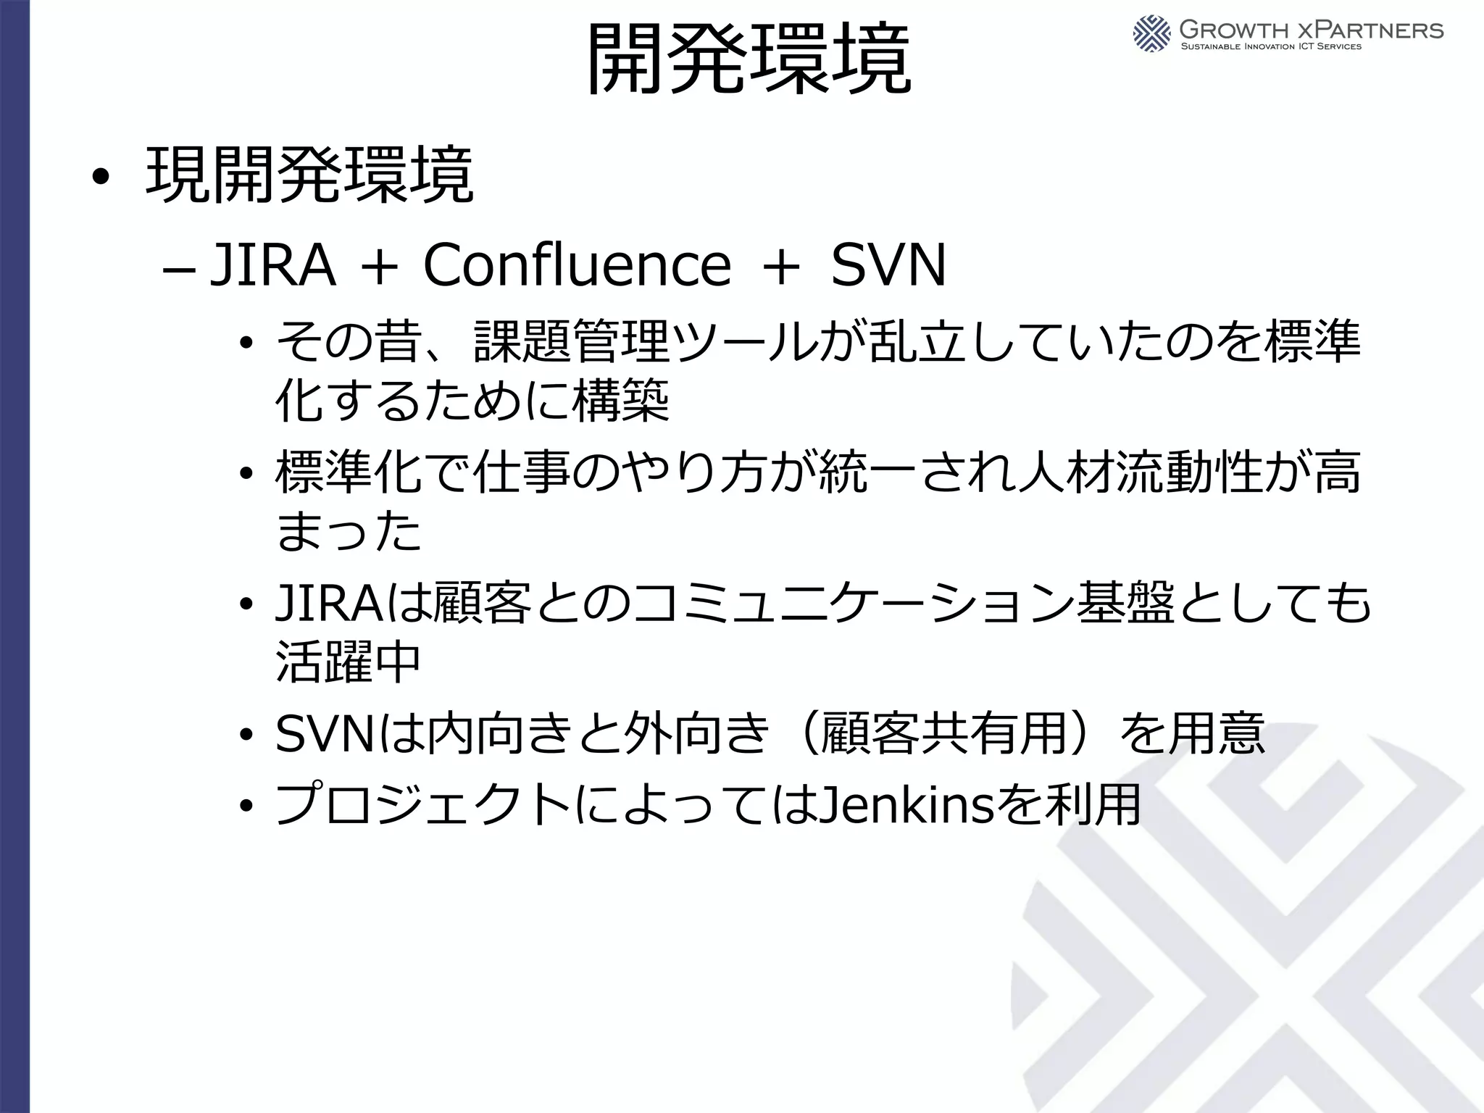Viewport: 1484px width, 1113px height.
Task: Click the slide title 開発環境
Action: [748, 59]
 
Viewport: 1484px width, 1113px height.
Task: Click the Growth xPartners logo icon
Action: [1151, 33]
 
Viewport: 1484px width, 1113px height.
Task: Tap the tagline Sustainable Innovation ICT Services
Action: [1271, 47]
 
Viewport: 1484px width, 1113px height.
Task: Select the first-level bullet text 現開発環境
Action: [309, 175]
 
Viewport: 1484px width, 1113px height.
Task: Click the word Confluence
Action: [577, 265]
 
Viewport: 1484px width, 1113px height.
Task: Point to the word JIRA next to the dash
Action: [272, 265]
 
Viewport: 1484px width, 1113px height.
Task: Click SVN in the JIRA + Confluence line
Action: [888, 265]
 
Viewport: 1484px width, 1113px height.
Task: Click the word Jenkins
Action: [906, 804]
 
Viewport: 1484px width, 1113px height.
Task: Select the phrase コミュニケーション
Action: [854, 603]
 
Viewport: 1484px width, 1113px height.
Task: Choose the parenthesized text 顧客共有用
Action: [944, 733]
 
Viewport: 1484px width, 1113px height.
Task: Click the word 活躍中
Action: [348, 662]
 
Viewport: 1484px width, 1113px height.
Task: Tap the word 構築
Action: [621, 401]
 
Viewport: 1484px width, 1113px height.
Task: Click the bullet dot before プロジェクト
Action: [247, 806]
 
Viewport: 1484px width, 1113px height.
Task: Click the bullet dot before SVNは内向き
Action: [247, 735]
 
